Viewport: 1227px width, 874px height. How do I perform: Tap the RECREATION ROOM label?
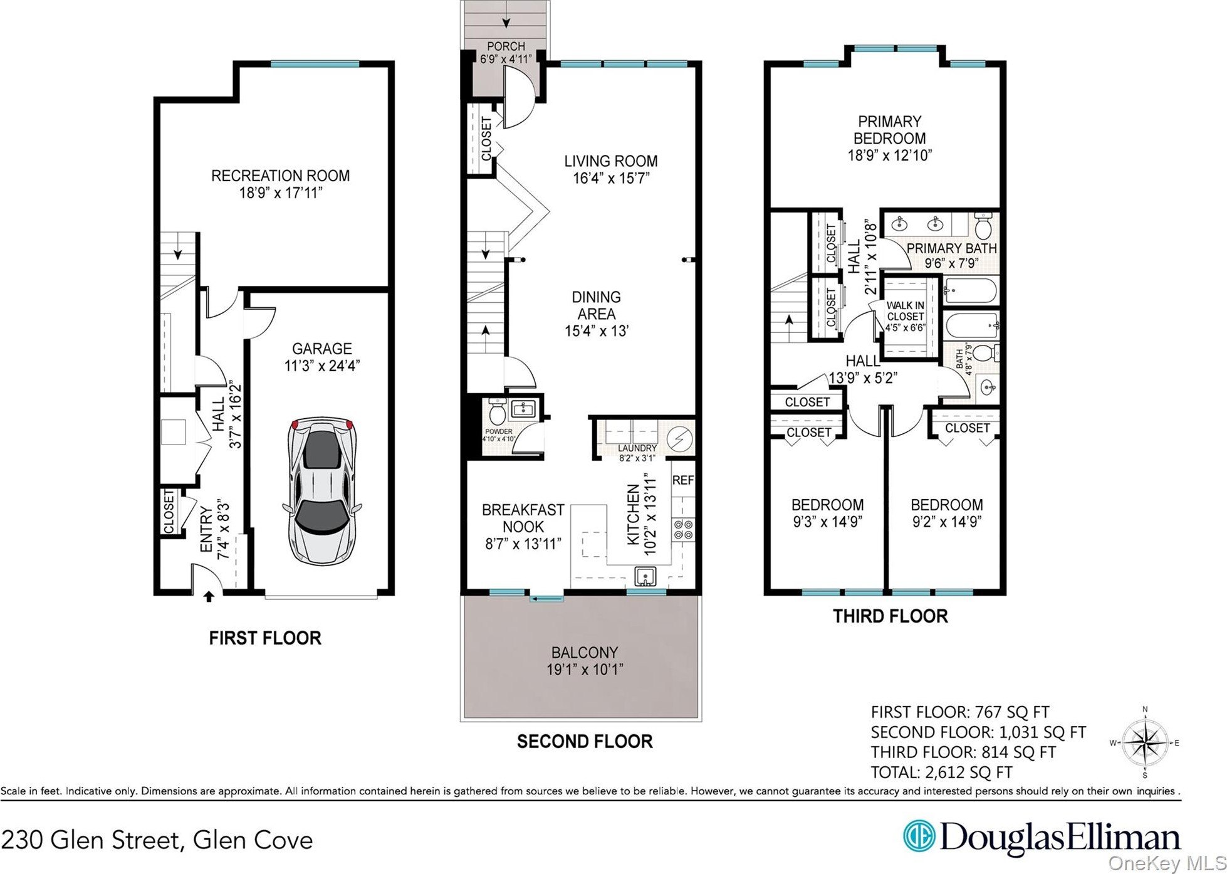point(280,176)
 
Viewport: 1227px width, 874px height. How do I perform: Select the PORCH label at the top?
point(506,46)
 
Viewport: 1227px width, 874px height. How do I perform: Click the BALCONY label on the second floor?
point(584,652)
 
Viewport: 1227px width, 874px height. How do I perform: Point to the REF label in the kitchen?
point(682,480)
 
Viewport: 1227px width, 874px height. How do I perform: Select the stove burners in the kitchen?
point(682,529)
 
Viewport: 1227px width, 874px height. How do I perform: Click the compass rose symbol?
point(1145,742)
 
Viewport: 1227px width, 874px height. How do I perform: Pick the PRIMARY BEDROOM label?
point(889,130)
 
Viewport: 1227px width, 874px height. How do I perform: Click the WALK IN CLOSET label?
point(905,311)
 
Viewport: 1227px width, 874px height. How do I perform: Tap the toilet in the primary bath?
point(982,224)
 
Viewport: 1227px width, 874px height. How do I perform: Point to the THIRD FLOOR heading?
point(890,616)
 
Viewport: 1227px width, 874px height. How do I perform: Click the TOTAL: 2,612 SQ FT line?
point(941,772)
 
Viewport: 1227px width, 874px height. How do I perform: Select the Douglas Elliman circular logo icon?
point(919,837)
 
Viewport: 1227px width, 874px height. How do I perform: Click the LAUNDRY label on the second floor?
point(637,448)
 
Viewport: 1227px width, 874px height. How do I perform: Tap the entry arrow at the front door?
point(209,596)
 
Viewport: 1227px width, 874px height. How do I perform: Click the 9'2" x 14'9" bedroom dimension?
point(946,521)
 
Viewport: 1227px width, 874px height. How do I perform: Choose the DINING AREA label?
point(596,305)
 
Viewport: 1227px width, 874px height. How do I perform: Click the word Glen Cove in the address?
point(253,840)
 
